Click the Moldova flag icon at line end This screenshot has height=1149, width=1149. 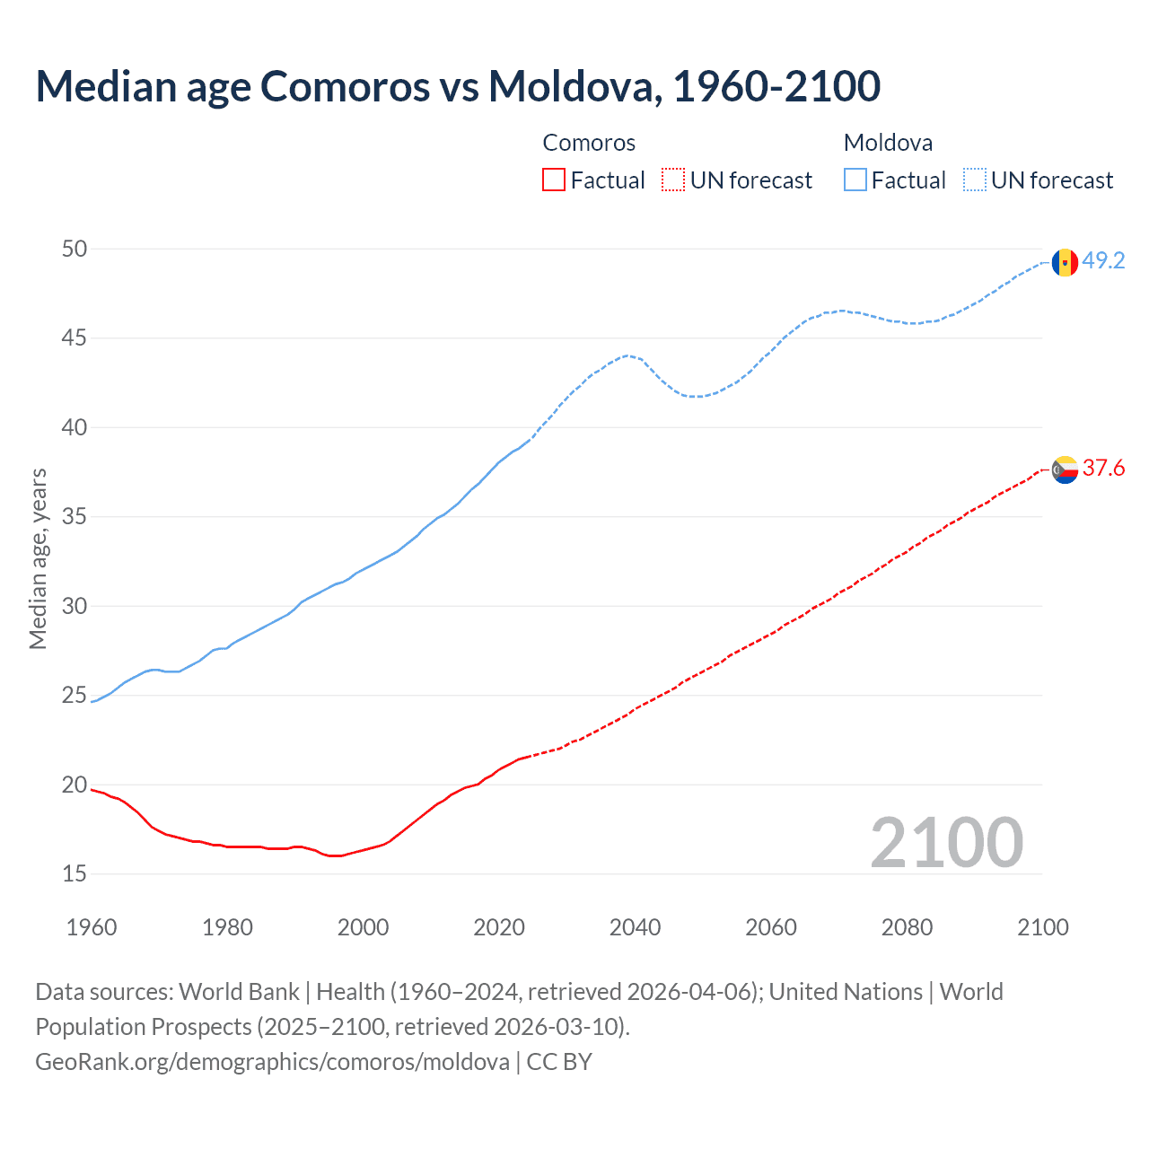[x=1065, y=262]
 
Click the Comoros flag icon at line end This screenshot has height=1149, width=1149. [x=1065, y=469]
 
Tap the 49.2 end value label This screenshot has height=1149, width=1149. [x=1103, y=261]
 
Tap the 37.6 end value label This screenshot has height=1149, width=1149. [x=1103, y=469]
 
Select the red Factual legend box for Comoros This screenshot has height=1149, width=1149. [x=554, y=180]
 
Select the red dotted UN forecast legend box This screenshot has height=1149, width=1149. [x=673, y=180]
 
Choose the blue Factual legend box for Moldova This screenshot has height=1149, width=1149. [x=855, y=180]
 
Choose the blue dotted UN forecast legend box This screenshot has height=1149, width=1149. [x=974, y=180]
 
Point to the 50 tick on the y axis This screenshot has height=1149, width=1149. [x=75, y=249]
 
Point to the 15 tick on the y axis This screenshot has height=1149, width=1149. [x=75, y=873]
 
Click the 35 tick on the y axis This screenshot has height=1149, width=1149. [x=75, y=517]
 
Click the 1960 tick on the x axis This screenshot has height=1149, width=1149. [x=92, y=927]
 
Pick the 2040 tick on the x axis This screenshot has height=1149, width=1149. [x=635, y=927]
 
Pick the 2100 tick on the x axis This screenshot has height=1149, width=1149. [x=1042, y=927]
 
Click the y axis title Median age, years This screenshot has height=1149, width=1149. [x=38, y=558]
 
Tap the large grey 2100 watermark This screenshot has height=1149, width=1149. [x=946, y=842]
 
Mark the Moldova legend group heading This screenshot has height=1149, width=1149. [x=888, y=143]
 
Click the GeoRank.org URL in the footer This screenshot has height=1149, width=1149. [x=272, y=1062]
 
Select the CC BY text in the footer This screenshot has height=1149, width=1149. [x=559, y=1062]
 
